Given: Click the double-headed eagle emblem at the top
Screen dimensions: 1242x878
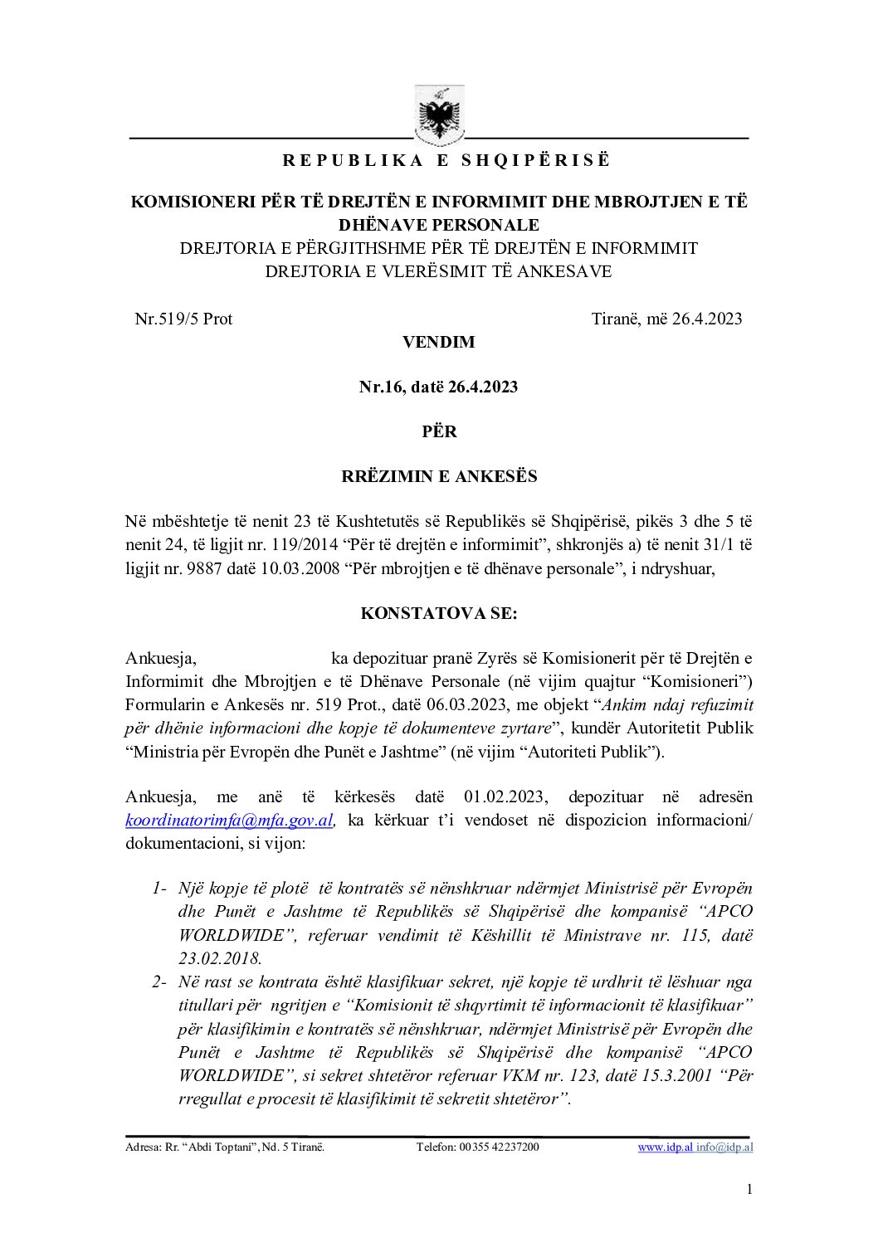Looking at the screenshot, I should pyautogui.click(x=440, y=113).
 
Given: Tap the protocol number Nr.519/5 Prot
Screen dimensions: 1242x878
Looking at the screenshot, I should pyautogui.click(x=183, y=319).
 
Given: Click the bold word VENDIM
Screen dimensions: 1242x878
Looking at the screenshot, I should pyautogui.click(x=438, y=342).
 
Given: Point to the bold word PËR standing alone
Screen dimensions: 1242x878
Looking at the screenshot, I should pyautogui.click(x=439, y=431).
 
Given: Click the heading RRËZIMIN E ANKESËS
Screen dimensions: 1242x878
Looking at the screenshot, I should pyautogui.click(x=439, y=477).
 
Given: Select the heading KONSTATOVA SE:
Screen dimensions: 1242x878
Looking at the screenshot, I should pyautogui.click(x=439, y=614).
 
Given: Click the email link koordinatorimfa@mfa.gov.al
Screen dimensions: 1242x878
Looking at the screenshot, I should pyautogui.click(x=229, y=821).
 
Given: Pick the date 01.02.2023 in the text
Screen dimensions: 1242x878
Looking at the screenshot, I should pyautogui.click(x=505, y=797).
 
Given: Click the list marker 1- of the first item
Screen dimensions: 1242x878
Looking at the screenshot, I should pyautogui.click(x=160, y=889).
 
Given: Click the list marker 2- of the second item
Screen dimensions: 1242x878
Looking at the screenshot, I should pyautogui.click(x=160, y=982).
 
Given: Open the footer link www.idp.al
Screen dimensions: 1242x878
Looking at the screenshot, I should pyautogui.click(x=665, y=1147).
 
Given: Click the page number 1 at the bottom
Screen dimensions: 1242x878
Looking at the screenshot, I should pyautogui.click(x=749, y=1190).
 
